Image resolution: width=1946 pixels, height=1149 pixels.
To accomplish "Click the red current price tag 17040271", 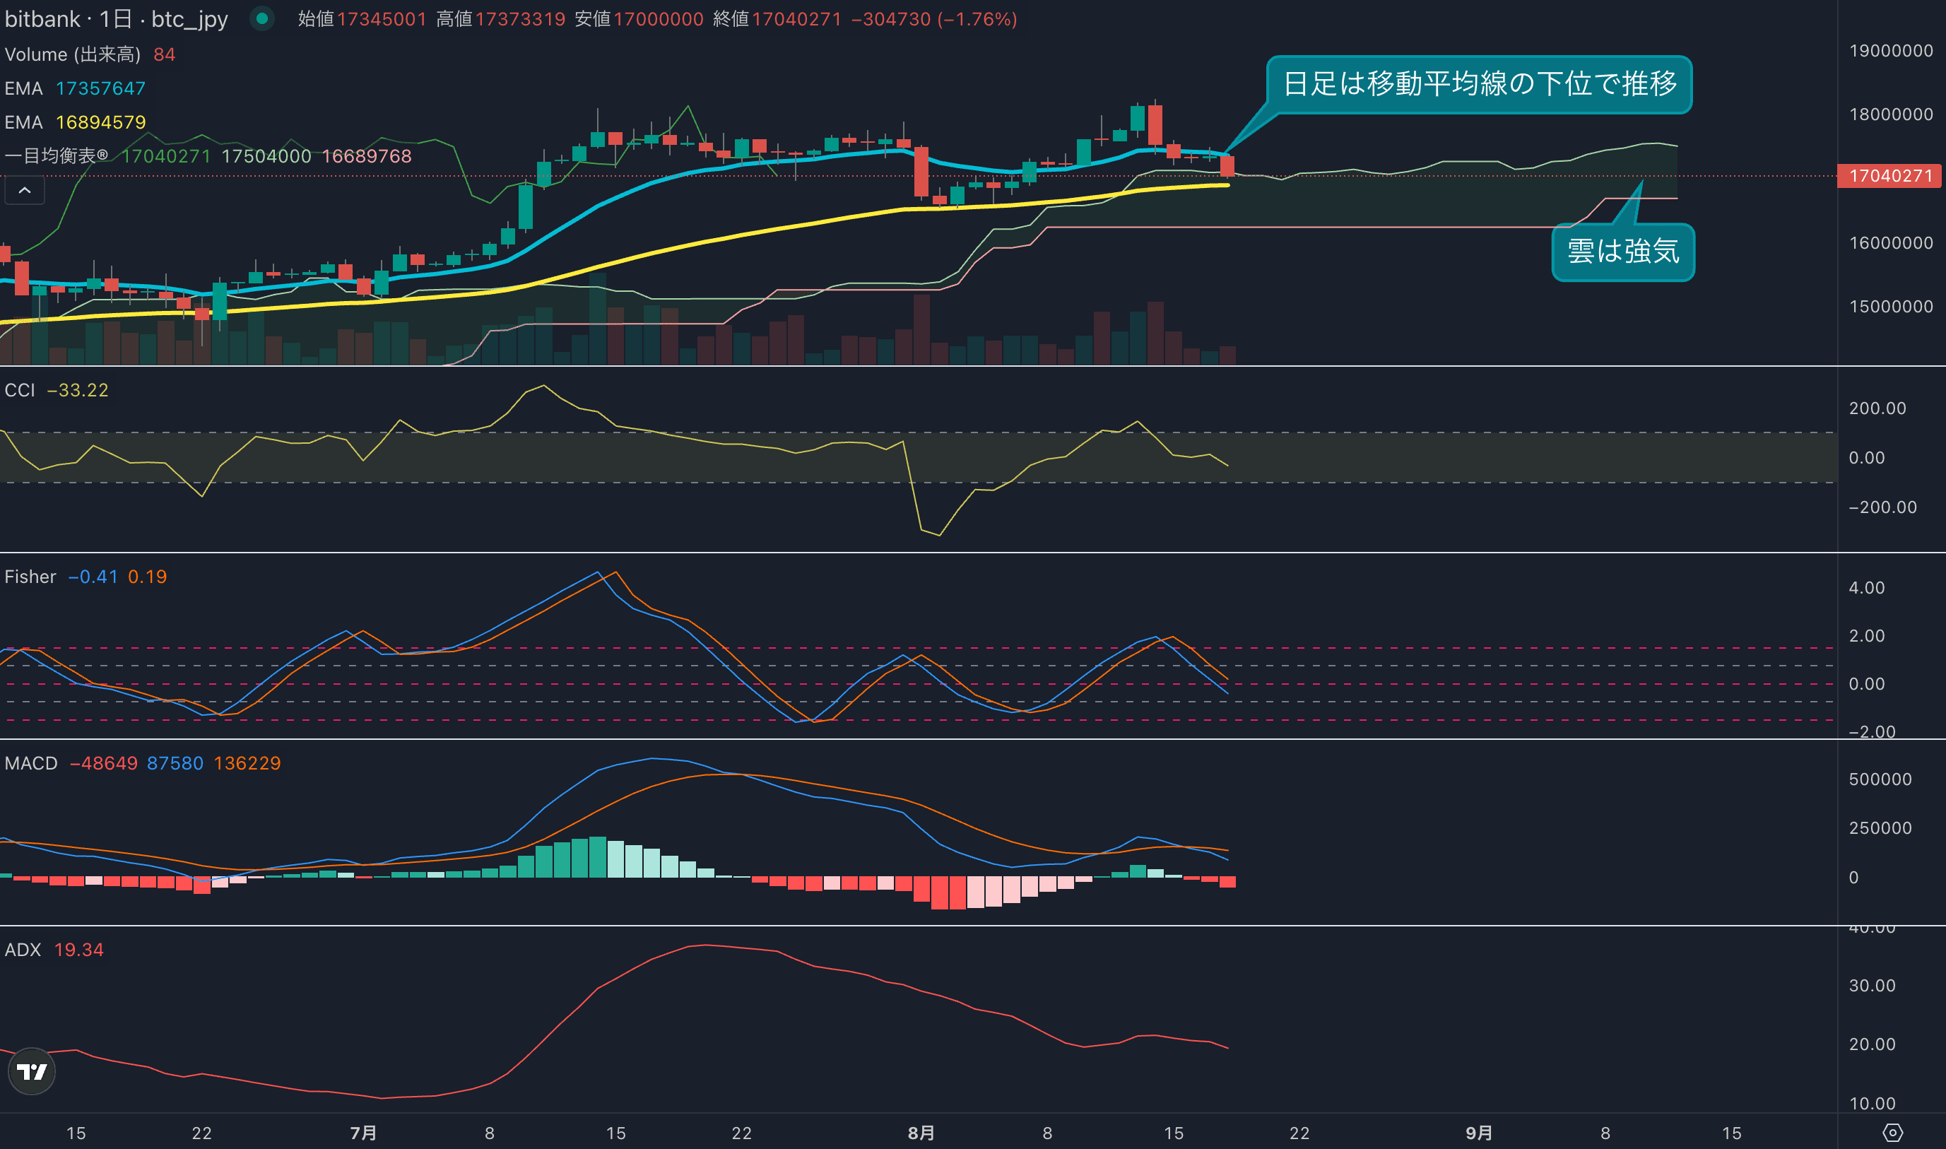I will tap(1889, 176).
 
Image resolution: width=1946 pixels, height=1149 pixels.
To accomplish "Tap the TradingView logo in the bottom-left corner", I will tap(32, 1071).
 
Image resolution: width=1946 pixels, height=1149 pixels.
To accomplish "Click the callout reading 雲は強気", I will tap(1622, 252).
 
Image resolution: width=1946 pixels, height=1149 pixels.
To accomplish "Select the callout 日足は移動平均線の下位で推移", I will tap(1478, 84).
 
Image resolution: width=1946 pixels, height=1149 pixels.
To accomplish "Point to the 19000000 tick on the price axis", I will tap(1890, 51).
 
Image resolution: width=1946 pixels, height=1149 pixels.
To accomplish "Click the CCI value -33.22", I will tap(78, 390).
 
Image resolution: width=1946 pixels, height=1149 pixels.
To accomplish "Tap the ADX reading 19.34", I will tap(78, 949).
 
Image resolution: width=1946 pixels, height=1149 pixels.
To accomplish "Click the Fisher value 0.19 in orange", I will tap(147, 577).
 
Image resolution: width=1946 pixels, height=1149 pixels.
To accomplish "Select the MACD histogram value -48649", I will tap(103, 763).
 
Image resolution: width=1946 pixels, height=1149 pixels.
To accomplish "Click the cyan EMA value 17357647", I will tap(100, 88).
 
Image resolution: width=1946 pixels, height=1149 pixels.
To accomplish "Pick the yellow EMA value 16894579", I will tap(100, 122).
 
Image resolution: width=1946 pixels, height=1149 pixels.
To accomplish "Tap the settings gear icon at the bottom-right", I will tap(1892, 1133).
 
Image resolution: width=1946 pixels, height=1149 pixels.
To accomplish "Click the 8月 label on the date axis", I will tap(921, 1133).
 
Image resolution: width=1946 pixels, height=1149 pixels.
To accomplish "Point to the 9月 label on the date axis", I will tap(1478, 1133).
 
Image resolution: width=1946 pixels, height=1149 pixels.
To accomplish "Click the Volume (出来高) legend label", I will tap(73, 55).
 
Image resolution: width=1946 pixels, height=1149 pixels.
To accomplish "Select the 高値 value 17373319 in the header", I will tap(520, 19).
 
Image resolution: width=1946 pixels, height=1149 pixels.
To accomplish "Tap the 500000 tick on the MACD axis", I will tap(1880, 779).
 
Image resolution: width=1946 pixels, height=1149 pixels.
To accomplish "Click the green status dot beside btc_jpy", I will tap(262, 18).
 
